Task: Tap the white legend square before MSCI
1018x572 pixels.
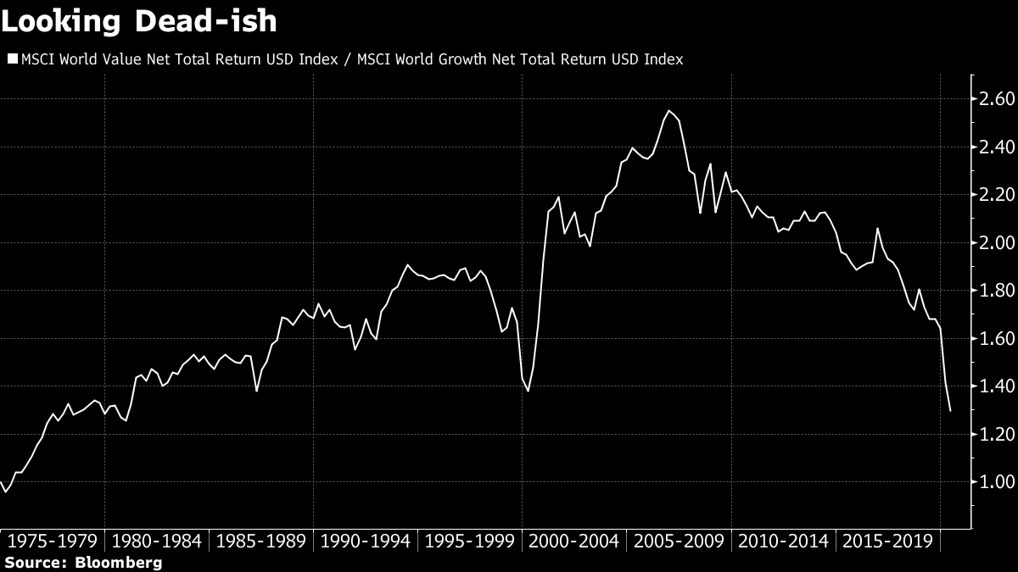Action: [11, 59]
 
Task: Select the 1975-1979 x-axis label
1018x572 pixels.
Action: [53, 541]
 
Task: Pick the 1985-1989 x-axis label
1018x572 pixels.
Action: [262, 541]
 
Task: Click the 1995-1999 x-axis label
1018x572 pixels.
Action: [471, 541]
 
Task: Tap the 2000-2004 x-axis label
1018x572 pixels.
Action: [576, 541]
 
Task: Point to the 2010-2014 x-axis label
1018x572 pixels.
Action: [785, 541]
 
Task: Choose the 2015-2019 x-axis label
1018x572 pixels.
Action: [889, 541]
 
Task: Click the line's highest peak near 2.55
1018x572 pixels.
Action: [669, 111]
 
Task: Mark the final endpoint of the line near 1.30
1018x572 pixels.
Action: [950, 411]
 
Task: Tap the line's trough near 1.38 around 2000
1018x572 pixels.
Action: [528, 391]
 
